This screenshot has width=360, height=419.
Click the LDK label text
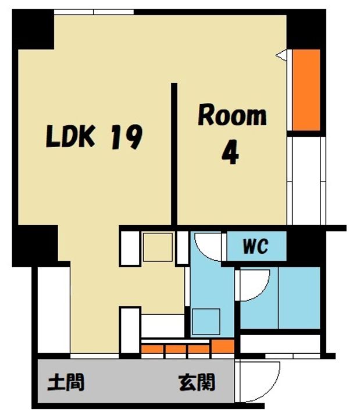[70, 136]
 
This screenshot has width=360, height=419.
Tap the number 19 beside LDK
[126, 137]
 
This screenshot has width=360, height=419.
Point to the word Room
[232, 116]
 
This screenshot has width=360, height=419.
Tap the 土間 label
[66, 382]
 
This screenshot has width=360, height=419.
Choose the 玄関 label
[197, 382]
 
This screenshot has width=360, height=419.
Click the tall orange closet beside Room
[306, 90]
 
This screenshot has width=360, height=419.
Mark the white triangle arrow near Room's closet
[281, 55]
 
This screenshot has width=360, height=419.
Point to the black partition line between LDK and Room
[174, 154]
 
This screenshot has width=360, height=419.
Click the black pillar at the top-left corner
[33, 30]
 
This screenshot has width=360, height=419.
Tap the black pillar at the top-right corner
[306, 29]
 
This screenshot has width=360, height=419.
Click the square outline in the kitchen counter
[158, 247]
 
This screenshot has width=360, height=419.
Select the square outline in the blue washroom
[206, 321]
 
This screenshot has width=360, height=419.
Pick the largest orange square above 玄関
[223, 346]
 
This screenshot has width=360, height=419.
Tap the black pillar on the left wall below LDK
[36, 246]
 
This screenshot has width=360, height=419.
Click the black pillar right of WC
[306, 246]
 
